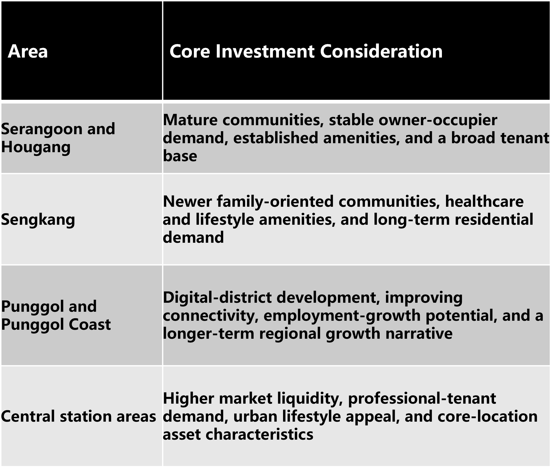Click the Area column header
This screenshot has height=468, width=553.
point(28,51)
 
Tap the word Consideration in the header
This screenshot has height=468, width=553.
point(381,51)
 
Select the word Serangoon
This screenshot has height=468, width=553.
point(42,129)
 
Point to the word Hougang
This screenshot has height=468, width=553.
point(36,148)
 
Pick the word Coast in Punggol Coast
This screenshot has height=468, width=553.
point(90,324)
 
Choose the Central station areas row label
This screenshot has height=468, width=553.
point(79,416)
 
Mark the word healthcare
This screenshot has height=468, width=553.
point(484,202)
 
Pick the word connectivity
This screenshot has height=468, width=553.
point(211,316)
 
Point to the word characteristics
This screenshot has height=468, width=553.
point(259,434)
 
